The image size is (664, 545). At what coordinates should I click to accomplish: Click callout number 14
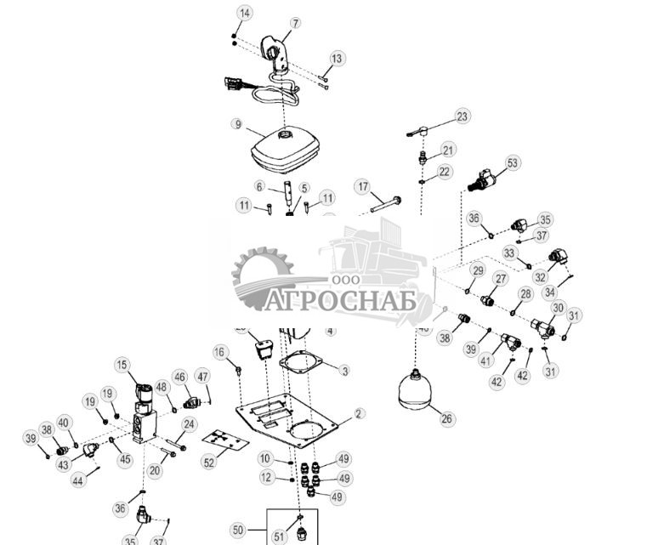pyautogui.click(x=245, y=13)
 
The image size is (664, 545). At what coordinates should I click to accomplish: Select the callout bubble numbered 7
pyautogui.click(x=296, y=23)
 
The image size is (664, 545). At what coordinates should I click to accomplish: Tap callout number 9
pyautogui.click(x=237, y=124)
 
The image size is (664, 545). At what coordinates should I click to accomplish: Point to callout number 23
pyautogui.click(x=462, y=116)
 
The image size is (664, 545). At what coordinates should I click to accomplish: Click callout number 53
pyautogui.click(x=512, y=162)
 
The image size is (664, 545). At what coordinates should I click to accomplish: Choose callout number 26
pyautogui.click(x=447, y=417)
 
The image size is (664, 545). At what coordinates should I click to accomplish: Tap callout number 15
pyautogui.click(x=122, y=365)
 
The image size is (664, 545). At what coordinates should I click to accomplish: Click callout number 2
pyautogui.click(x=360, y=413)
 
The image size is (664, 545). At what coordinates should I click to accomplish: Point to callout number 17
pyautogui.click(x=363, y=186)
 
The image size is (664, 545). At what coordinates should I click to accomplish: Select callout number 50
pyautogui.click(x=237, y=530)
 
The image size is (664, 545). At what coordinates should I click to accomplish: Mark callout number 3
pyautogui.click(x=344, y=371)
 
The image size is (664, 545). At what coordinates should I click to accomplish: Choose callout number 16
pyautogui.click(x=219, y=352)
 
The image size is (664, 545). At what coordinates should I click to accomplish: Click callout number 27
pyautogui.click(x=501, y=279)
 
